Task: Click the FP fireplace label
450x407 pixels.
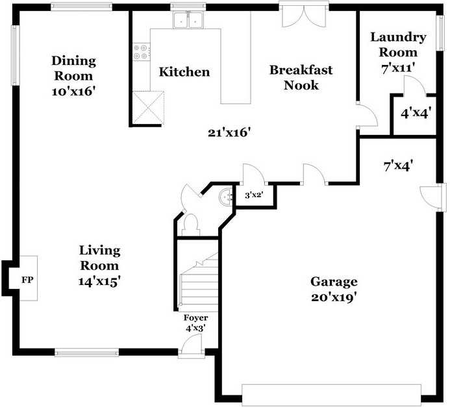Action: point(27,280)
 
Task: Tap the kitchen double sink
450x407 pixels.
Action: point(188,20)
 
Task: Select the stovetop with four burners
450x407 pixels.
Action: point(141,52)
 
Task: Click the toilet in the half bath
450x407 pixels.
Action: point(191,225)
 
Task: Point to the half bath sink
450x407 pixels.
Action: point(225,197)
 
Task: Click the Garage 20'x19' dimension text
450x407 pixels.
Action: point(334,298)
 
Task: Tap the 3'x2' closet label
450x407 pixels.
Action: point(254,195)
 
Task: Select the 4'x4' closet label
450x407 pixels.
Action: point(416,114)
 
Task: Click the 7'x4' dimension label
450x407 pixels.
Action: point(398,166)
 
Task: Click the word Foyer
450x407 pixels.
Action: point(195,318)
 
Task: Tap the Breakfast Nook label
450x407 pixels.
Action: point(301,77)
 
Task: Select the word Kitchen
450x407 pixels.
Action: point(184,71)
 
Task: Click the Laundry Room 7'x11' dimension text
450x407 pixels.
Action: point(398,68)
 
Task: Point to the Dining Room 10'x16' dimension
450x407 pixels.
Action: point(73,92)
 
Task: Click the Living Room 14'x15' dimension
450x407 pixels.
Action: point(99,282)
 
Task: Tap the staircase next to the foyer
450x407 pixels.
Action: point(198,282)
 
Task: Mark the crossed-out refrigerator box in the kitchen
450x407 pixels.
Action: point(148,108)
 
